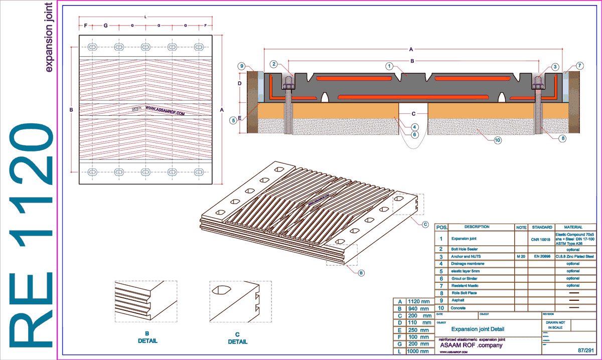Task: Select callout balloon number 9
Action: click(241, 66)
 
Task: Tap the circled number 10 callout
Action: click(497, 140)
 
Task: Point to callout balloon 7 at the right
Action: click(579, 66)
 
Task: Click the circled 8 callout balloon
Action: click(564, 138)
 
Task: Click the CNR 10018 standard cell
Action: click(540, 239)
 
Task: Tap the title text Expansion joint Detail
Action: click(478, 329)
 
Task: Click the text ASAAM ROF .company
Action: click(471, 345)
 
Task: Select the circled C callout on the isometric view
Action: click(424, 224)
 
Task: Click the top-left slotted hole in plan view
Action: click(93, 47)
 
